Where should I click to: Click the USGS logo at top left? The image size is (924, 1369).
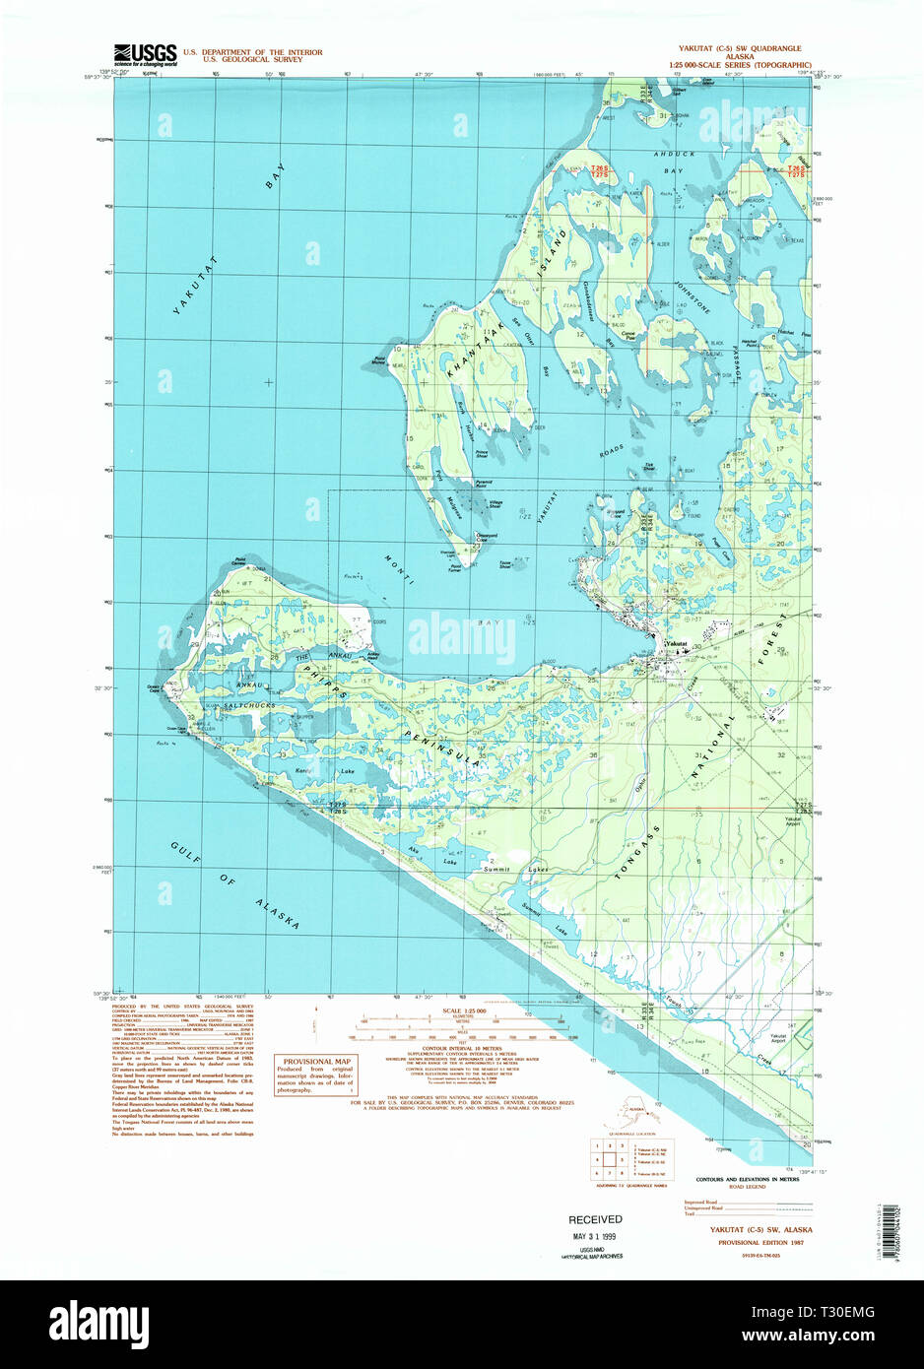click(x=145, y=54)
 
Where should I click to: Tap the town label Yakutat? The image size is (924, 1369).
click(x=676, y=643)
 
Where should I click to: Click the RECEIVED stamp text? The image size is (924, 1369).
click(x=595, y=1219)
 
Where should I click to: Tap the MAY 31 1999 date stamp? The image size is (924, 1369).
click(x=595, y=1236)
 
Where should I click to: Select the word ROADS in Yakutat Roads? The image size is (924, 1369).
click(x=611, y=451)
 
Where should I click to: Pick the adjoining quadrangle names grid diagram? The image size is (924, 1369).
click(x=611, y=1159)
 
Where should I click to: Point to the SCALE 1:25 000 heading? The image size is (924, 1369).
click(x=465, y=1011)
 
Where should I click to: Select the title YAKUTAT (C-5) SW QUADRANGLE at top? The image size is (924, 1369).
click(x=740, y=48)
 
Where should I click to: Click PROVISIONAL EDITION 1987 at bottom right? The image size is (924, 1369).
click(x=752, y=1243)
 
